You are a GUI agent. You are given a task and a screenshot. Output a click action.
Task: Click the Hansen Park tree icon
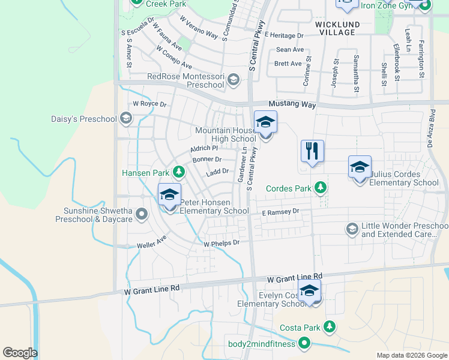click(178, 173)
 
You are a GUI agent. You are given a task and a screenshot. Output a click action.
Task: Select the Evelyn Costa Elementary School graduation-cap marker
click(309, 291)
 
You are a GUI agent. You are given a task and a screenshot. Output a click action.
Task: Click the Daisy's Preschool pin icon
click(125, 118)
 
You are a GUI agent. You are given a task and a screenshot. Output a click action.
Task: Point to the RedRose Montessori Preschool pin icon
click(233, 80)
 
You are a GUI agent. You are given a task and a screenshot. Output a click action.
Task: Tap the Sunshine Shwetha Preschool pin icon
click(142, 213)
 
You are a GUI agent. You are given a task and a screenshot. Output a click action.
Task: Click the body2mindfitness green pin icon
click(304, 343)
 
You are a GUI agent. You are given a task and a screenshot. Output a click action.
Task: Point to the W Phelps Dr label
click(221, 244)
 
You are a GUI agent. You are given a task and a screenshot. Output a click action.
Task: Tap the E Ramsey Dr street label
click(280, 212)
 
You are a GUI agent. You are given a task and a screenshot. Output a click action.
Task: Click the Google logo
click(20, 353)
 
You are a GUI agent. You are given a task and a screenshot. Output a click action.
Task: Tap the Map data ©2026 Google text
click(411, 355)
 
